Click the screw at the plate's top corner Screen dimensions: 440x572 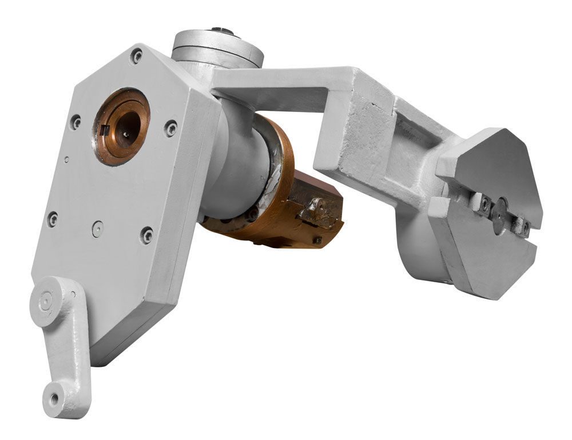(x=136, y=56)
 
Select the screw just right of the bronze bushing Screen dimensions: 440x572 (x=170, y=129)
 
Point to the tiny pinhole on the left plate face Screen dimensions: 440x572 (x=66, y=159)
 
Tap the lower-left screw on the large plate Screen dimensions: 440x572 (x=53, y=219)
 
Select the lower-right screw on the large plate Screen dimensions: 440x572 (x=147, y=235)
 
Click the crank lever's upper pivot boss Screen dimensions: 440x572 (x=46, y=299)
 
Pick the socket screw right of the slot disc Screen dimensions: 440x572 (x=524, y=227)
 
